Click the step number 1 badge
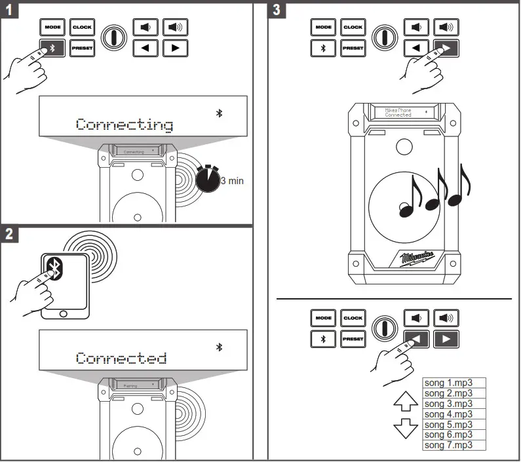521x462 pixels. click(9, 10)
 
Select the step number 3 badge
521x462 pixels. click(277, 10)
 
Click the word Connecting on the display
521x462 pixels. click(124, 124)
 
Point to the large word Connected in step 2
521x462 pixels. click(121, 358)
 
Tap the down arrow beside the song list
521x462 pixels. click(404, 429)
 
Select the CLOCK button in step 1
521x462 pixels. click(82, 28)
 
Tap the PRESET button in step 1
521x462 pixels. click(82, 48)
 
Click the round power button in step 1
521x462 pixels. click(114, 37)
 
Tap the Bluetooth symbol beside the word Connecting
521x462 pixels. click(220, 113)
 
